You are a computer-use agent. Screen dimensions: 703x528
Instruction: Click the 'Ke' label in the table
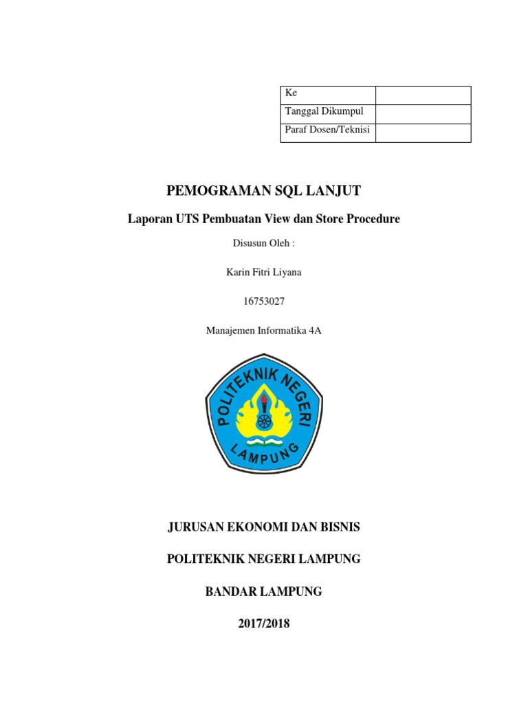[291, 93]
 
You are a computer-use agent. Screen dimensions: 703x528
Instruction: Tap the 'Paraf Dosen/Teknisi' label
[327, 130]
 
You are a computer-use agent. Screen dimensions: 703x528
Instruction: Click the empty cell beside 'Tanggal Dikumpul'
[423, 113]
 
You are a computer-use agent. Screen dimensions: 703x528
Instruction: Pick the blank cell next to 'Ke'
[423, 95]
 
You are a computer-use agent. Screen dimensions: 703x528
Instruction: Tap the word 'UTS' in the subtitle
[185, 219]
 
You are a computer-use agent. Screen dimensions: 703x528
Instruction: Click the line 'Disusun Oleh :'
[263, 243]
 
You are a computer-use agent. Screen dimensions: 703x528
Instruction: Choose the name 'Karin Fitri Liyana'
[264, 273]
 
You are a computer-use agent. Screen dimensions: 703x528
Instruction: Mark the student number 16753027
[264, 301]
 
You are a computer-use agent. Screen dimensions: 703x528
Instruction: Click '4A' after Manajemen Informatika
[315, 331]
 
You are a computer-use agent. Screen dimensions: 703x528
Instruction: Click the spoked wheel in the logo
[264, 419]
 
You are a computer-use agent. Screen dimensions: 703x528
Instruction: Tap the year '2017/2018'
[264, 623]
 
